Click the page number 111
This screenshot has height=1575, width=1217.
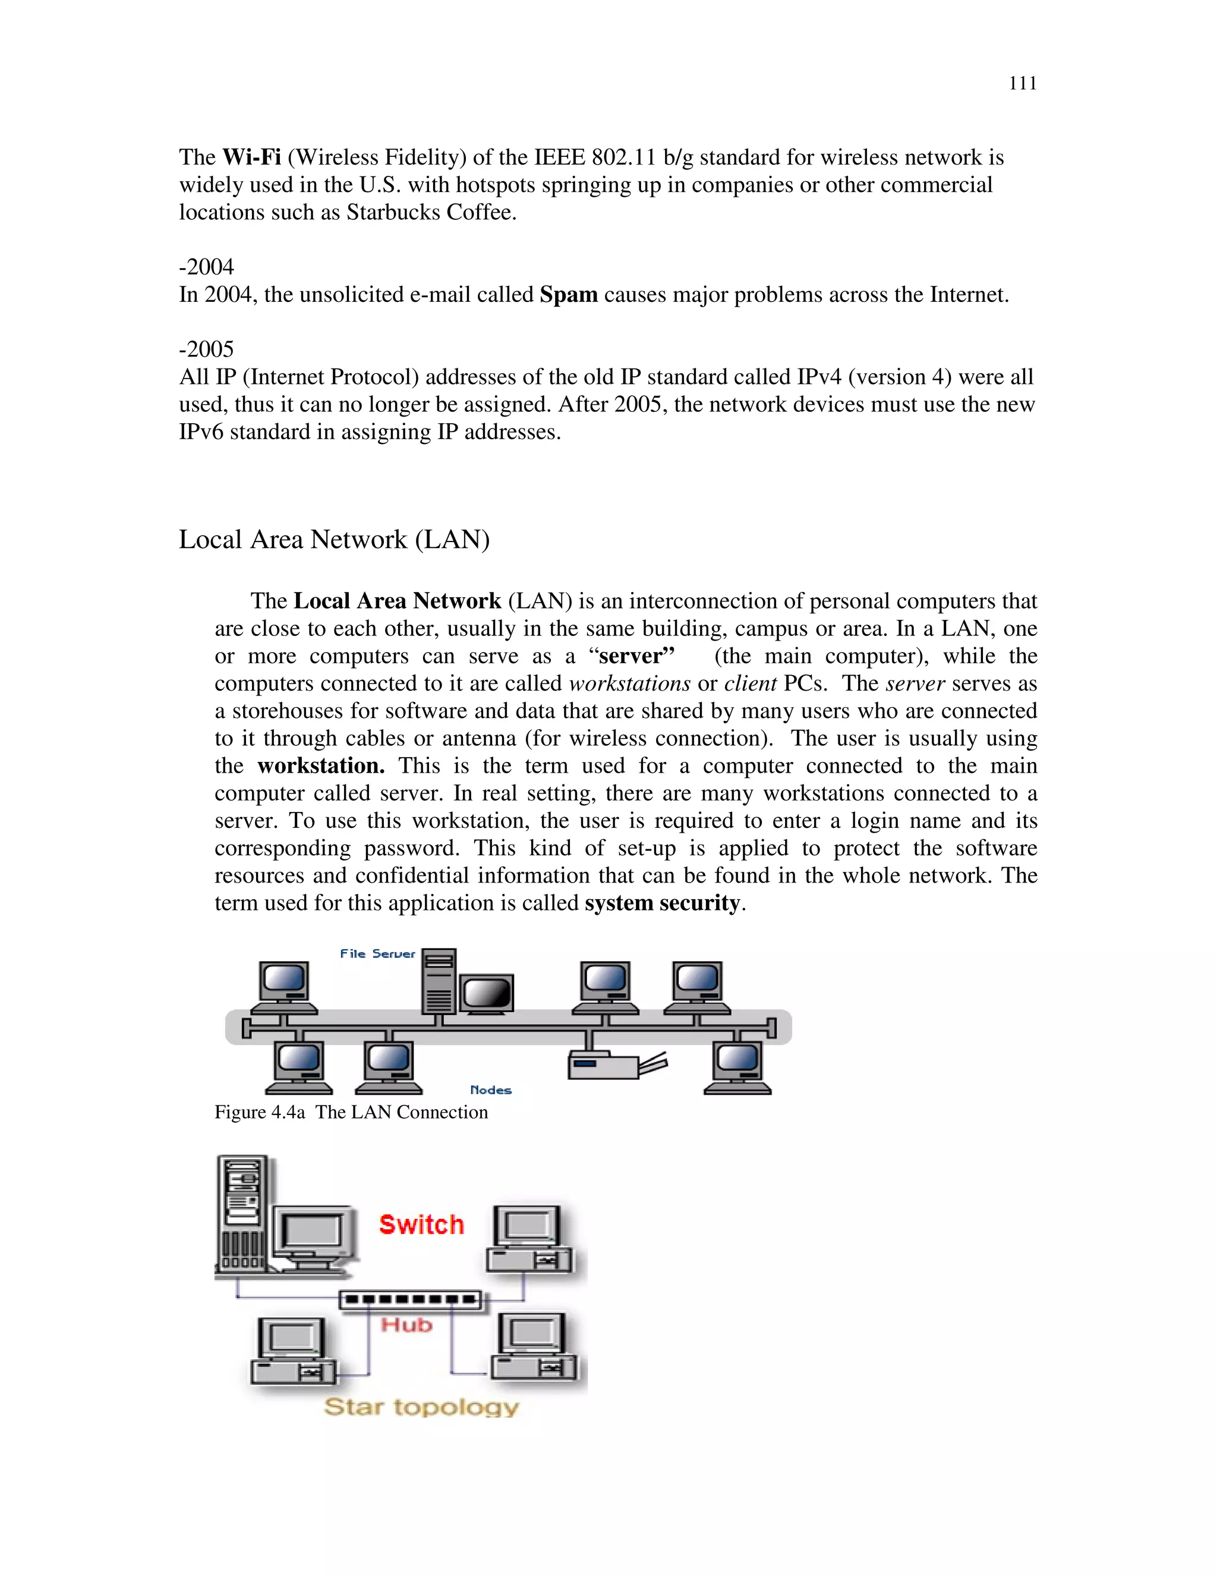click(1021, 84)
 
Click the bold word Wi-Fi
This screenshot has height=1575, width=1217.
click(251, 157)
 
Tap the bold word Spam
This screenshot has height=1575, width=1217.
click(568, 295)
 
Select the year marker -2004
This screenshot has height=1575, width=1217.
click(206, 267)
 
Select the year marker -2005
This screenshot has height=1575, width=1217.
click(206, 349)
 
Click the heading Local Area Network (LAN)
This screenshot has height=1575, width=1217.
click(334, 540)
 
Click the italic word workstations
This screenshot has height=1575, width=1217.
click(629, 683)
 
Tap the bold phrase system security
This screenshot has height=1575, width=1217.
click(662, 903)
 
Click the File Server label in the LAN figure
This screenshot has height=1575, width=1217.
click(377, 953)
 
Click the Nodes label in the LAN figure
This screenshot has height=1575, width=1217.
click(490, 1089)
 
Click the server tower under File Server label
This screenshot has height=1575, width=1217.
click(439, 981)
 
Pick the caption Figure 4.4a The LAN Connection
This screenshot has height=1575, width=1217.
click(351, 1112)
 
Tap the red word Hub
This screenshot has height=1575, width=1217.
click(406, 1325)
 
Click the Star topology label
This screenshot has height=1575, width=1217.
click(421, 1406)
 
